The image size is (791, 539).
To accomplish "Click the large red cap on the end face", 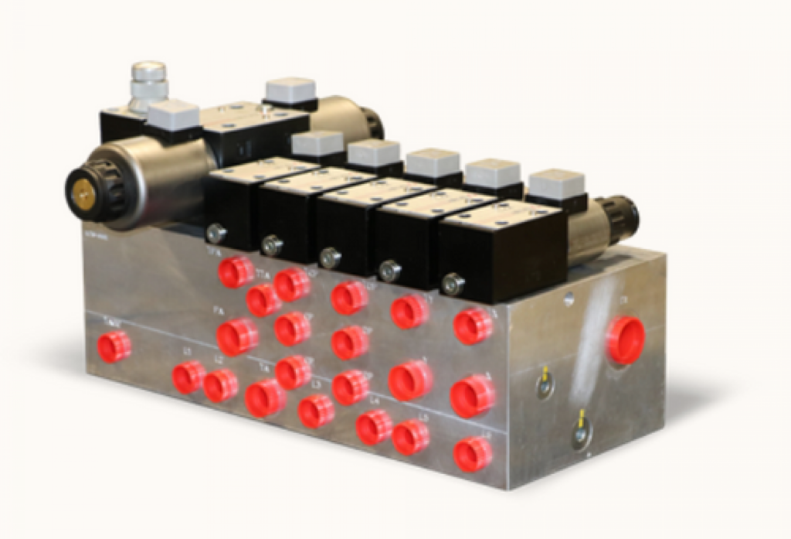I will [625, 339].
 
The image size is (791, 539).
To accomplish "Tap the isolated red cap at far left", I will [114, 346].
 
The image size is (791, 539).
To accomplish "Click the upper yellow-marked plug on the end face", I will [545, 382].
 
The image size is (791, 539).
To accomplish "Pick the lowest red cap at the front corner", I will [473, 454].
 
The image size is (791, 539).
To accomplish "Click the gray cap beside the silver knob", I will [173, 116].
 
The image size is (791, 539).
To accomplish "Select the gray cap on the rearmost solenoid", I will [290, 91].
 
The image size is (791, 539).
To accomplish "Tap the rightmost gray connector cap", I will [556, 184].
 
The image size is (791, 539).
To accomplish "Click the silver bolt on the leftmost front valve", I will [216, 233].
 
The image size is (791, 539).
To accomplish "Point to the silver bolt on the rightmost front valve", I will [453, 285].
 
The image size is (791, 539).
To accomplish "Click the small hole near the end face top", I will [569, 298].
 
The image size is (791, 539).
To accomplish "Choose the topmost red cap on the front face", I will [236, 271].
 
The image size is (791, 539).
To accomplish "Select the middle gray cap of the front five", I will [375, 153].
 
